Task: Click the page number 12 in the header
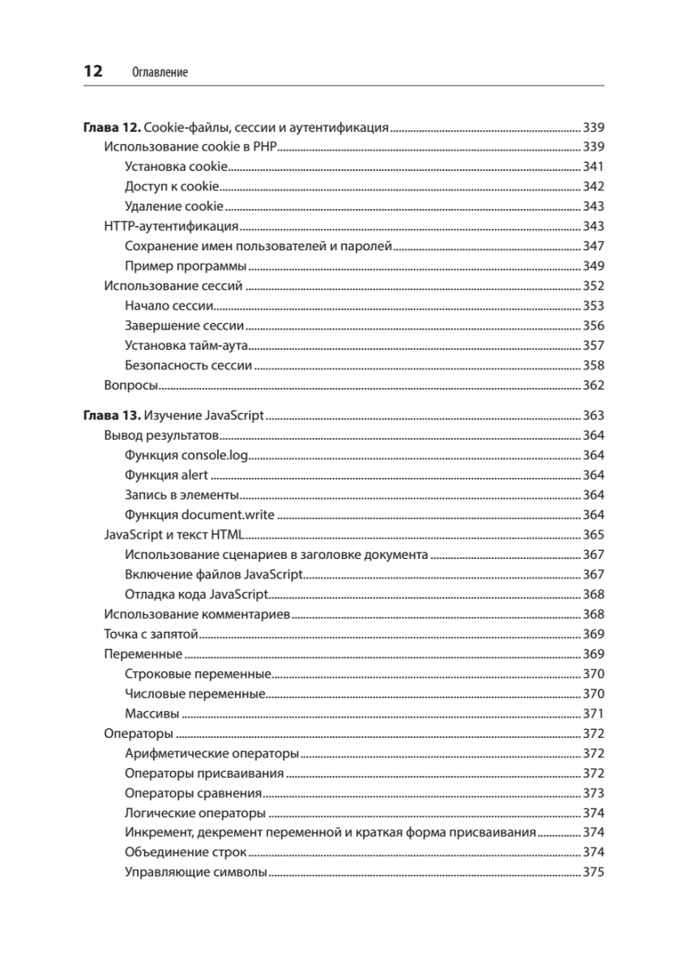(92, 71)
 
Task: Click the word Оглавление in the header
(159, 73)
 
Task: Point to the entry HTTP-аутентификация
(171, 227)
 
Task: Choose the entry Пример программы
(186, 266)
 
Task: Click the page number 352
(594, 286)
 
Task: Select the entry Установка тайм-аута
(188, 346)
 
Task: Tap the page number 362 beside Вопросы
(594, 386)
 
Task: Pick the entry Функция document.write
(200, 515)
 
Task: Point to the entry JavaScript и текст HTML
(175, 535)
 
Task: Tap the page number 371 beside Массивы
(594, 714)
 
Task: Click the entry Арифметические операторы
(212, 754)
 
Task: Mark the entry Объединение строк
(186, 853)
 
